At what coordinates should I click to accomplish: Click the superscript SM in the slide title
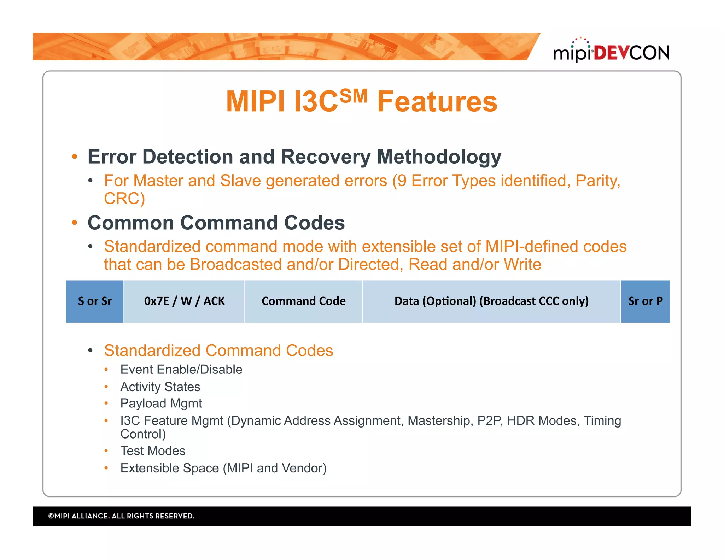353,96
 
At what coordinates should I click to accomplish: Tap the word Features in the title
437,102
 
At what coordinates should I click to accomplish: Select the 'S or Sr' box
95,301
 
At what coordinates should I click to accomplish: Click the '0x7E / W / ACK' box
184,301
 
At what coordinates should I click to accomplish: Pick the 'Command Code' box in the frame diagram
303,301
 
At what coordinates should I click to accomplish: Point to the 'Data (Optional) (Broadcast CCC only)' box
491,301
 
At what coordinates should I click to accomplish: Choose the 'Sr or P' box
645,301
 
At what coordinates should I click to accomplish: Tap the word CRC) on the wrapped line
124,199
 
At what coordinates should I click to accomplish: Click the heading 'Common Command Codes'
216,223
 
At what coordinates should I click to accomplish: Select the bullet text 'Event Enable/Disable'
181,370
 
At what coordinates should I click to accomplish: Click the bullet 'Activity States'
160,387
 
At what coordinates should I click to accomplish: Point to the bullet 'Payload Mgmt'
161,404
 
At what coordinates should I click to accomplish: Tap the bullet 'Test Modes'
153,451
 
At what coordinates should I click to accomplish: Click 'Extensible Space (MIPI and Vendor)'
223,468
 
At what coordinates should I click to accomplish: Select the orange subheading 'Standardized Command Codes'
218,351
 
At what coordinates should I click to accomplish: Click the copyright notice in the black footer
121,516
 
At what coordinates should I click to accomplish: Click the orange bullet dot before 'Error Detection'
74,157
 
